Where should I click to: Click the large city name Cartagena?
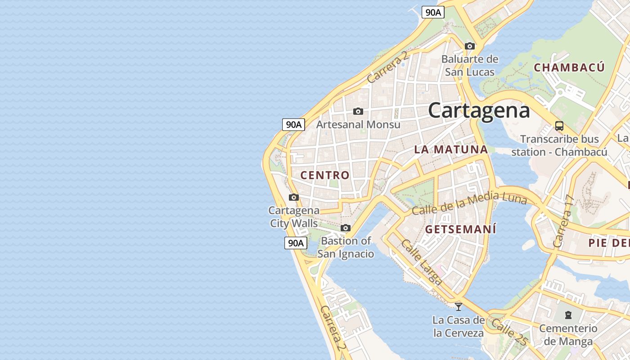(x=479, y=110)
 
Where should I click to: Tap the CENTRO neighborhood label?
(x=325, y=175)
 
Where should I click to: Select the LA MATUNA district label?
(x=451, y=149)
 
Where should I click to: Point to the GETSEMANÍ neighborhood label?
(x=461, y=229)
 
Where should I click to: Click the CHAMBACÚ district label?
(x=569, y=67)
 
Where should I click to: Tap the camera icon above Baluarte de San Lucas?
(x=470, y=46)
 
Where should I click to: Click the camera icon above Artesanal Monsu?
(x=358, y=111)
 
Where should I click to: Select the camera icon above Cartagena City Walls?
(x=294, y=197)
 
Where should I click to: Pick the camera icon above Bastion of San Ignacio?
(x=346, y=228)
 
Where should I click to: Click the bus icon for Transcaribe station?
(x=559, y=126)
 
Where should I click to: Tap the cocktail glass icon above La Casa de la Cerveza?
(x=459, y=306)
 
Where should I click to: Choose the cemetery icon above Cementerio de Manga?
(x=568, y=315)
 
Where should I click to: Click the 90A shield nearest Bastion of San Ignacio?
(x=296, y=243)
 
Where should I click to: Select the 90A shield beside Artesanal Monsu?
(x=294, y=124)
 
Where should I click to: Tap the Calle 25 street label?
(x=509, y=332)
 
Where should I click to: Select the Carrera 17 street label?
(x=564, y=221)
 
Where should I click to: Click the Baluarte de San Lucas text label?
(x=470, y=65)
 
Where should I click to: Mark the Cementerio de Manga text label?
(x=568, y=335)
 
